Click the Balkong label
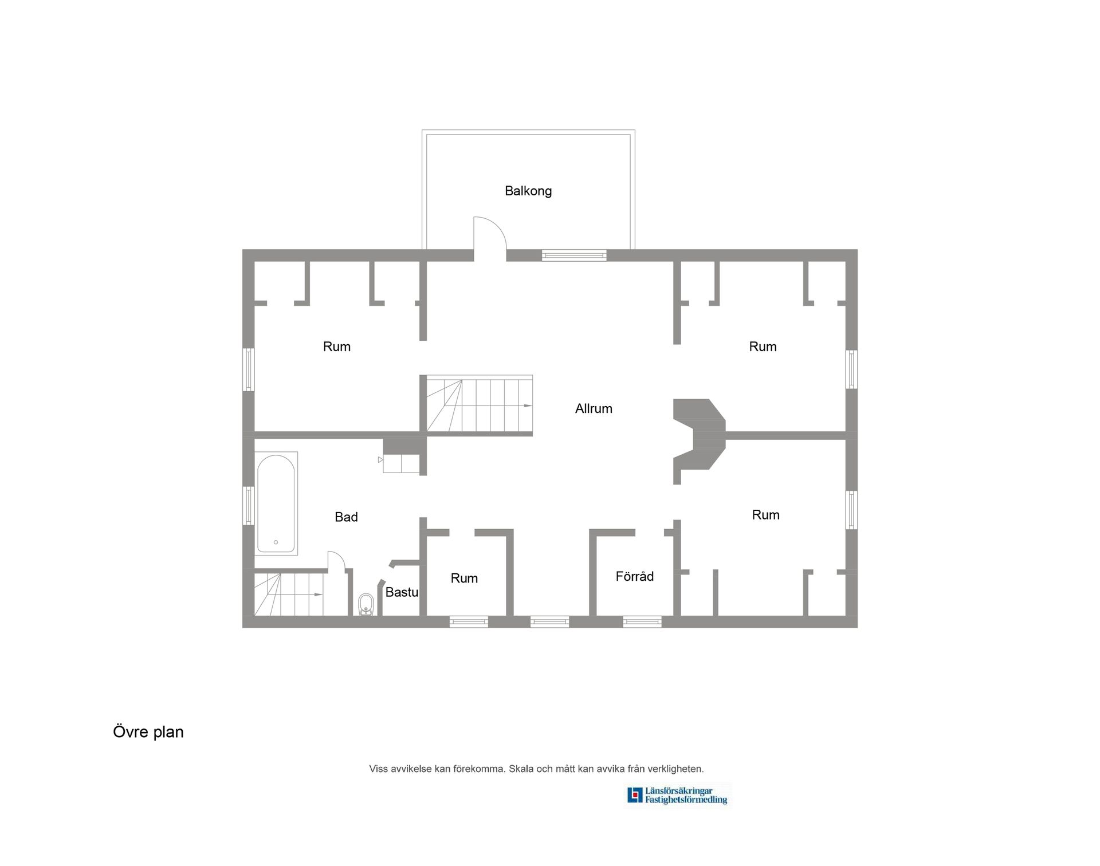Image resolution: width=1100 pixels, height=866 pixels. pos(528,191)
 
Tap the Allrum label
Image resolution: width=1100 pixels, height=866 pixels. pos(594,408)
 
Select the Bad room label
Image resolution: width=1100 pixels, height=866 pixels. pos(346,517)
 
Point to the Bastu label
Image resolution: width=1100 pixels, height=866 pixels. pos(401,592)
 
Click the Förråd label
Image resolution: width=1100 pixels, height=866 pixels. pos(634,576)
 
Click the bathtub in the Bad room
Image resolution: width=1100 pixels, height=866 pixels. pos(276,503)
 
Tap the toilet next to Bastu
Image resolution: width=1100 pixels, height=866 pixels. pos(366,604)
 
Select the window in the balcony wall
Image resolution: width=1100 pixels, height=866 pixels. pos(574,255)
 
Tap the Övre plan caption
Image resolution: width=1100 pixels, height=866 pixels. pos(148,732)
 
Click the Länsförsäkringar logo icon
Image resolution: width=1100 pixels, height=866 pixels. pos(634,795)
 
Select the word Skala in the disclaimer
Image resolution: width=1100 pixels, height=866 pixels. pos(521,769)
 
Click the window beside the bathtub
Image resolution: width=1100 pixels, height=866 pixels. pos(249,505)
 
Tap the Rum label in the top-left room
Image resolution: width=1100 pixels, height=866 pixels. pos(336,347)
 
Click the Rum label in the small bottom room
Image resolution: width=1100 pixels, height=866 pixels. pos(464,578)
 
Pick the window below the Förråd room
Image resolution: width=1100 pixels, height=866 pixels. pos(642,621)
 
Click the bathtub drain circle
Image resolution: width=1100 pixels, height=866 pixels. pos(276,542)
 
